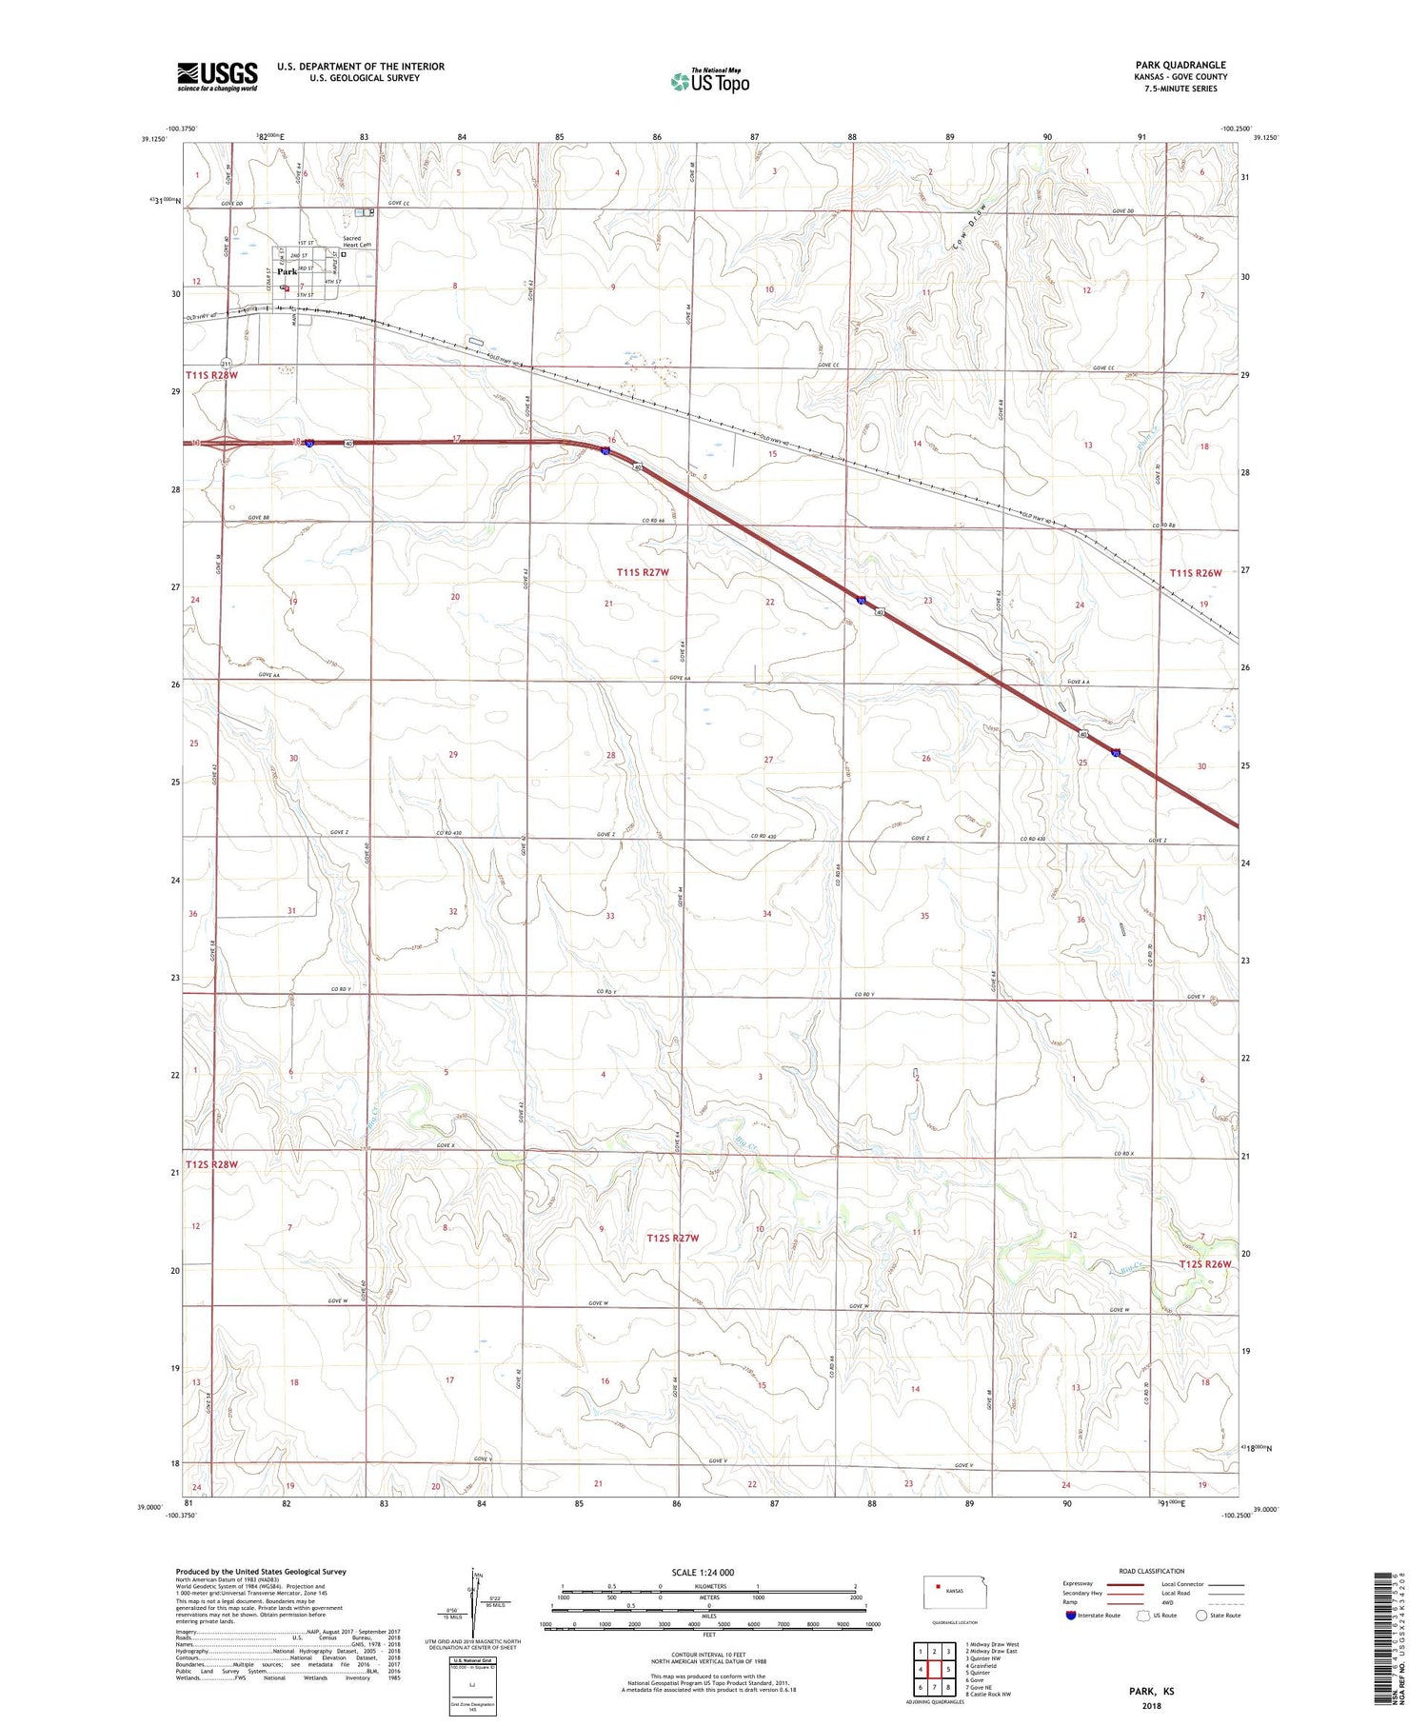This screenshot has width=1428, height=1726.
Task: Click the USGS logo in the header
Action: click(x=217, y=76)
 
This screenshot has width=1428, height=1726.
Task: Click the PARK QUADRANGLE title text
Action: click(x=1180, y=65)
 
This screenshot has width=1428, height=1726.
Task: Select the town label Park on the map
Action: click(x=287, y=272)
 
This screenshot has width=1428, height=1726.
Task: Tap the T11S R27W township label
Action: click(x=643, y=572)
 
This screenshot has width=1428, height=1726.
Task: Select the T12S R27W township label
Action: click(x=672, y=1238)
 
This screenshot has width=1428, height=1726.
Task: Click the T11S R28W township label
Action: click(x=211, y=375)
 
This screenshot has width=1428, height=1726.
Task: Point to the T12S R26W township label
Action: click(x=1204, y=1264)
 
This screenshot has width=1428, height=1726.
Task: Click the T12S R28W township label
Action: click(x=211, y=1164)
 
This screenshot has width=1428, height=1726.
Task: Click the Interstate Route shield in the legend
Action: click(x=1070, y=1616)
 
